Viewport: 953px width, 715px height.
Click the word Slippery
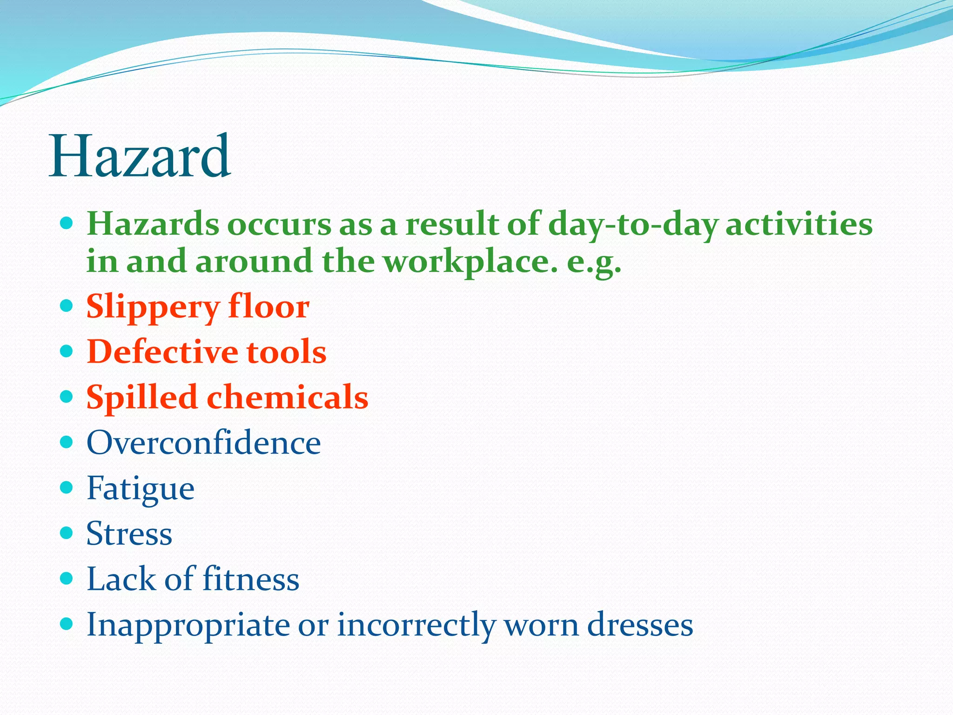coord(153,308)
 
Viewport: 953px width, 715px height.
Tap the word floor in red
coord(268,307)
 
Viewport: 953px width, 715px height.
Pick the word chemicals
coord(287,398)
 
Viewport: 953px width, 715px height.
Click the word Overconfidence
coord(203,442)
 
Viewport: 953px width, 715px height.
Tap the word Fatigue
coord(141,489)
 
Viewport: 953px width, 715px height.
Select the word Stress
coord(129,533)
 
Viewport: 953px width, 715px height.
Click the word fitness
coord(251,579)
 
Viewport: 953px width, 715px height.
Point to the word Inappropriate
coord(188,625)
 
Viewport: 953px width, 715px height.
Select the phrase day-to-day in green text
coord(633,225)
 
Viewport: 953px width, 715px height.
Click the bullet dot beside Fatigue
coord(67,487)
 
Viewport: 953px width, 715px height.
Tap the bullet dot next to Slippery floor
coord(67,306)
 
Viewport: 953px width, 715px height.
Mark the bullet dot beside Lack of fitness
coord(67,578)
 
